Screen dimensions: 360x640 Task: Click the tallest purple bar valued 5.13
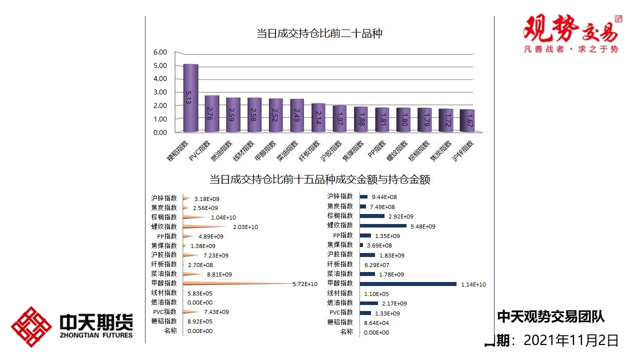(x=190, y=98)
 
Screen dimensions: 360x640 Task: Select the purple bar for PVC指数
(x=212, y=113)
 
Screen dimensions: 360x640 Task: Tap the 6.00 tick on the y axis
(x=160, y=52)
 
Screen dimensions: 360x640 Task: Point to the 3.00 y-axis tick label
(x=160, y=92)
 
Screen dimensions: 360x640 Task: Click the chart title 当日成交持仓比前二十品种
(x=319, y=34)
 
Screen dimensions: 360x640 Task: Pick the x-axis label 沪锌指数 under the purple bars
(x=462, y=151)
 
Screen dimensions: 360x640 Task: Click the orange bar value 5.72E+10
(x=305, y=284)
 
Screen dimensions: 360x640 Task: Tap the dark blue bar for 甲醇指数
(x=408, y=284)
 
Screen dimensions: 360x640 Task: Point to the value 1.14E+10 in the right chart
(x=473, y=284)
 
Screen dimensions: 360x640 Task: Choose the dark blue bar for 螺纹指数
(x=383, y=226)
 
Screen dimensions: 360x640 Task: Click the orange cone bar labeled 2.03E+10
(x=205, y=226)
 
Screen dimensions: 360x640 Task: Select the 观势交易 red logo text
(x=570, y=29)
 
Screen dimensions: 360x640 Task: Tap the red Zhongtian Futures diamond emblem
(x=31, y=327)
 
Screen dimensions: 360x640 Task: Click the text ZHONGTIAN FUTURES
(x=96, y=335)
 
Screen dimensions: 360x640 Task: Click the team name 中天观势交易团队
(x=550, y=316)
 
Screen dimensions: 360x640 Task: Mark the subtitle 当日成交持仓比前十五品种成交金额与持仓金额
(x=319, y=179)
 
